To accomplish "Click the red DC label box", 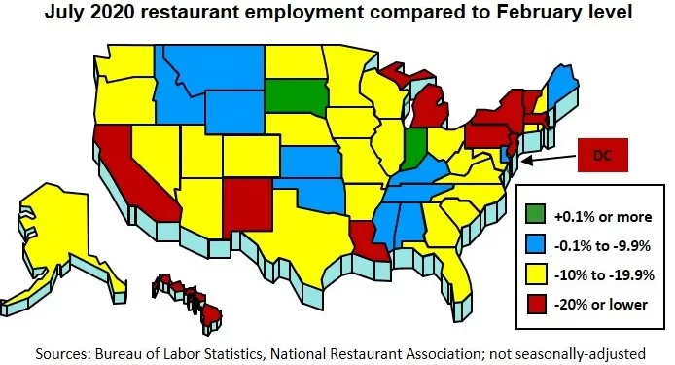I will point(605,156).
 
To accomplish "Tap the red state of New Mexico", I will point(245,200).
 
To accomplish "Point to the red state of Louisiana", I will point(365,237).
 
